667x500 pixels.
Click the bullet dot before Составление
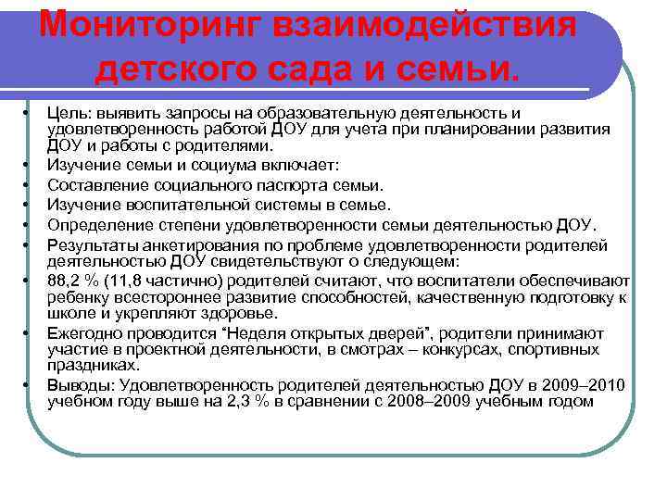coord(31,185)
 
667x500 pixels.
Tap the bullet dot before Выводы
coord(31,385)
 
